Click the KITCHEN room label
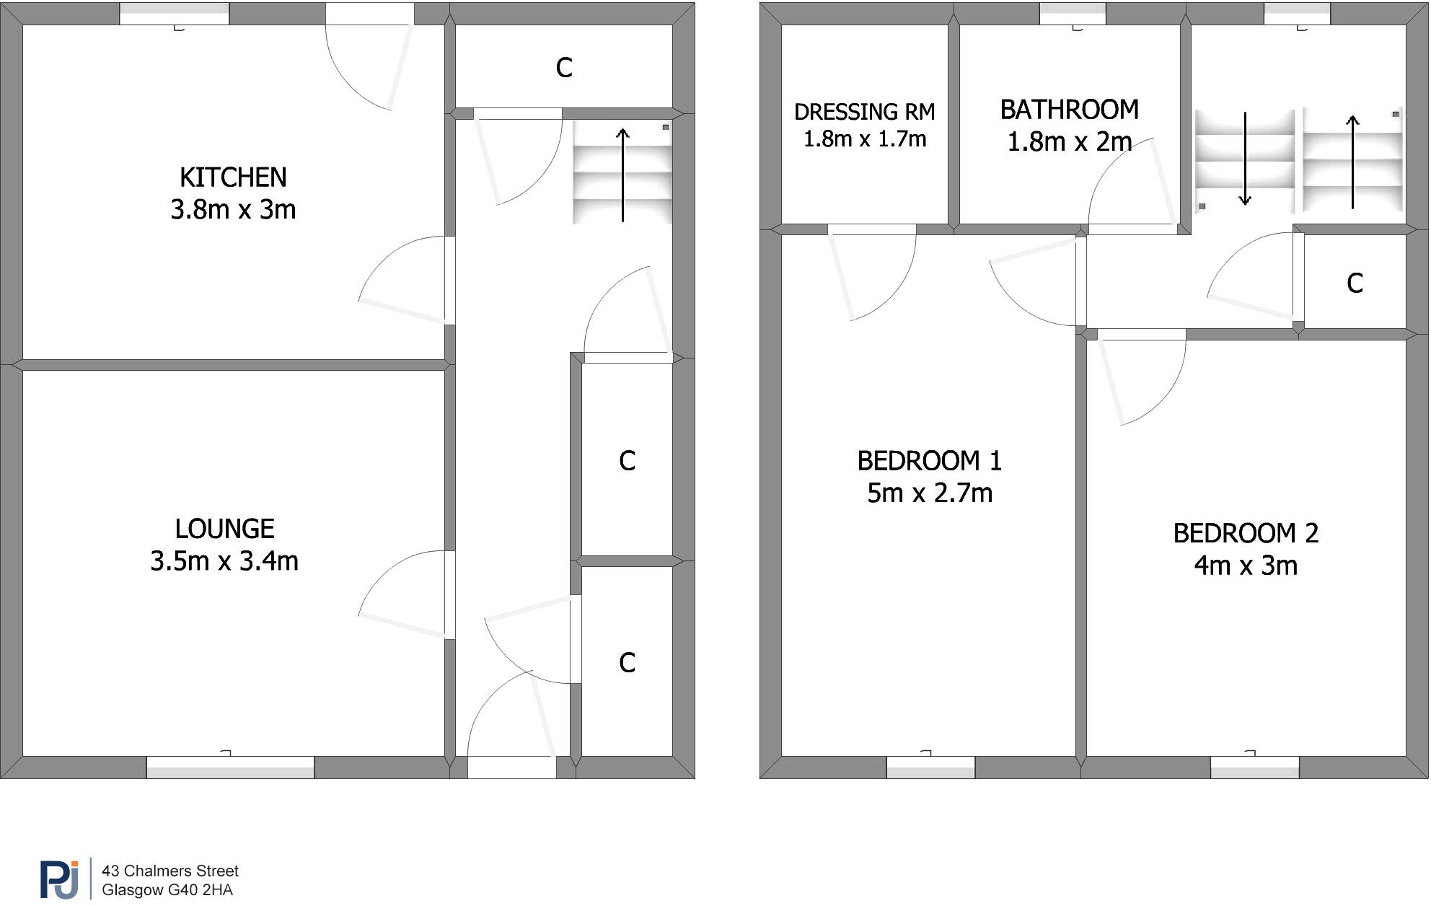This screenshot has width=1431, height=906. click(x=233, y=177)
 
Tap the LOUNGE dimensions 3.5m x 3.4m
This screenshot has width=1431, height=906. click(x=224, y=561)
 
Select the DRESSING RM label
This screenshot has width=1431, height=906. click(x=864, y=112)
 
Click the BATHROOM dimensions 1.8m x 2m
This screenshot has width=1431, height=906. click(x=1069, y=142)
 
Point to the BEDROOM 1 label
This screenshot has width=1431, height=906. click(x=929, y=461)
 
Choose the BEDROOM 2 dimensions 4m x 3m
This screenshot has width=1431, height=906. click(x=1246, y=566)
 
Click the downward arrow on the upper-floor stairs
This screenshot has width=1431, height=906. click(x=1245, y=159)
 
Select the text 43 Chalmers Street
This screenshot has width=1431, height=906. click(x=170, y=871)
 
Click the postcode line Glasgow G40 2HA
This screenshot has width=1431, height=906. click(x=167, y=890)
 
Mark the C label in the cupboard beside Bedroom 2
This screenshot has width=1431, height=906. click(x=1355, y=283)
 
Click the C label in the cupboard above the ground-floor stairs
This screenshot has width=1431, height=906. click(x=564, y=68)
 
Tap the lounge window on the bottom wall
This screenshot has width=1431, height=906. click(x=230, y=767)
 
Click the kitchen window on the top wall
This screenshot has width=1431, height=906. click(x=174, y=14)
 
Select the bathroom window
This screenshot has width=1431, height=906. click(x=1072, y=14)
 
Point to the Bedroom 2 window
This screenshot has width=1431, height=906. click(x=1254, y=767)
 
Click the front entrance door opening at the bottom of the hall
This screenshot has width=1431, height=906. click(x=511, y=767)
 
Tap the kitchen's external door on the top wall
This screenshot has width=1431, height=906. click(x=369, y=14)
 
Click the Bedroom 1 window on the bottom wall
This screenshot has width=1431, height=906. click(x=930, y=767)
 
